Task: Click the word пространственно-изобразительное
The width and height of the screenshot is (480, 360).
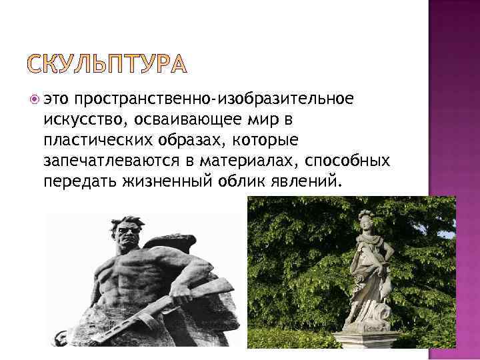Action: [x=213, y=99]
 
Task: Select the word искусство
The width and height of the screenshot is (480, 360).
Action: [x=79, y=120]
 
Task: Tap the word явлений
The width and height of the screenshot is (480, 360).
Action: [x=304, y=181]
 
